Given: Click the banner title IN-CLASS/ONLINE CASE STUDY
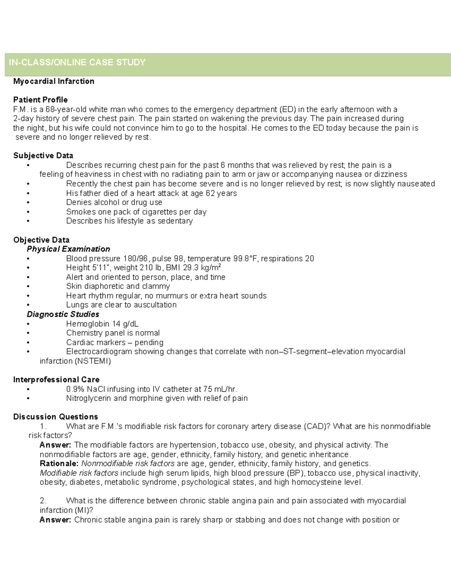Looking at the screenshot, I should point(77,62).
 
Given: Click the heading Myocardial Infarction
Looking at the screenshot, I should point(54,81).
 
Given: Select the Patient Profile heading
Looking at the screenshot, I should point(40,100).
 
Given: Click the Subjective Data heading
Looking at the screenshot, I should point(43,156).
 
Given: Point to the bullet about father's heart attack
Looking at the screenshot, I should point(151,193).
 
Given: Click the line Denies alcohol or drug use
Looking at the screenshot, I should point(114,202).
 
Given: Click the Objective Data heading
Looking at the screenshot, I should point(41,240).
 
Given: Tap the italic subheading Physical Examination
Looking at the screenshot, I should point(68,249).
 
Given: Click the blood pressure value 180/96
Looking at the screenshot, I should point(135,259).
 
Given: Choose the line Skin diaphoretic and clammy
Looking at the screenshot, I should point(118,286).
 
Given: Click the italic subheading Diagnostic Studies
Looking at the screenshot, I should point(63,314).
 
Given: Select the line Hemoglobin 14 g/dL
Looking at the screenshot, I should point(102,324).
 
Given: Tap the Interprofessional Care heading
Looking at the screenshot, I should point(56,380).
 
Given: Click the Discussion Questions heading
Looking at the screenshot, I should point(56,417).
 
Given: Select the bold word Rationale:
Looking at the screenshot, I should point(59,464).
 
